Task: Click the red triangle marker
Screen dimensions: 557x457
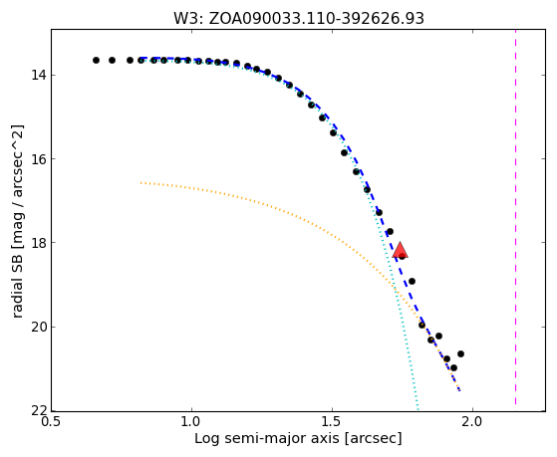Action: coord(400,250)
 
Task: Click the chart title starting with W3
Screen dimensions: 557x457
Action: coord(299,19)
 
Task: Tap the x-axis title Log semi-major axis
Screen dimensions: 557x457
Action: coord(298,438)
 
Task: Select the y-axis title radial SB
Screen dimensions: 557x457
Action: coord(18,221)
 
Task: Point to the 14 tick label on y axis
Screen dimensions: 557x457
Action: coord(39,76)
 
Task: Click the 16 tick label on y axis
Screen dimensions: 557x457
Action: coord(39,159)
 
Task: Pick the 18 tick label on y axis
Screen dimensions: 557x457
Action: coord(39,243)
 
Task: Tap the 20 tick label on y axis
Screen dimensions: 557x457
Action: coord(39,327)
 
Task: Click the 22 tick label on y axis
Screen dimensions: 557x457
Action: coord(39,411)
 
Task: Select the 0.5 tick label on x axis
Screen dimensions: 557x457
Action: coord(52,422)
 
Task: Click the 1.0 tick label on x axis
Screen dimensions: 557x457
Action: coord(191,422)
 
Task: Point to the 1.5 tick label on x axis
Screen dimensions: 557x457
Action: coord(332,422)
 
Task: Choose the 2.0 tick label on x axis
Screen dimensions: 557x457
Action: coord(472,422)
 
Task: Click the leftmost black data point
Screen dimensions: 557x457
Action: coord(96,61)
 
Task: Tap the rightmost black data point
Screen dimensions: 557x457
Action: coord(460,354)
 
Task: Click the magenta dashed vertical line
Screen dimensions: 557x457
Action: coord(515,217)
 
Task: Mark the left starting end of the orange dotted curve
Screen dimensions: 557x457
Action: coord(141,182)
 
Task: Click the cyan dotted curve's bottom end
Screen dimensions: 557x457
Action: coord(418,409)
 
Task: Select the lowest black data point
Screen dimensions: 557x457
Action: coord(453,367)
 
